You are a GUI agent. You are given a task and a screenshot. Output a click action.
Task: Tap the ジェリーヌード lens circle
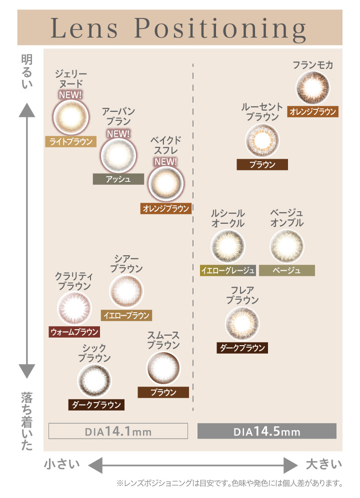pyautogui.click(x=70, y=117)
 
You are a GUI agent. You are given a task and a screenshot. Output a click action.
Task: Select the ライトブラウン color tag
pyautogui.click(x=70, y=141)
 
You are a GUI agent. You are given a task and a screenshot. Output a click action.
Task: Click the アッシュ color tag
pyautogui.click(x=118, y=179)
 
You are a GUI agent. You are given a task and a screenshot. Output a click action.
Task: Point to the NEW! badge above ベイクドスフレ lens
pyautogui.click(x=165, y=161)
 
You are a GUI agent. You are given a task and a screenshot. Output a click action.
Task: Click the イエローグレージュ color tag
pyautogui.click(x=227, y=271)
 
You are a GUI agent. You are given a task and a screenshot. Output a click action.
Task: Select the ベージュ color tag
pyautogui.click(x=287, y=271)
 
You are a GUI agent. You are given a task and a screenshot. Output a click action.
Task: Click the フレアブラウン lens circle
pyautogui.click(x=242, y=324)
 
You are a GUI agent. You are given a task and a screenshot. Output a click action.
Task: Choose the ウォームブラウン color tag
pyautogui.click(x=74, y=331)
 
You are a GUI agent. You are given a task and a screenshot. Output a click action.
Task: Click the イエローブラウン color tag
pyautogui.click(x=126, y=315)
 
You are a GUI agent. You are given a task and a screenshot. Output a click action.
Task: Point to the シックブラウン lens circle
pyautogui.click(x=94, y=381)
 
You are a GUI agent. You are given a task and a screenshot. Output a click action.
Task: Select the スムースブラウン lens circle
pyautogui.click(x=163, y=369)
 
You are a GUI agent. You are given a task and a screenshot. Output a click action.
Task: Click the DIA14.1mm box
pyautogui.click(x=118, y=431)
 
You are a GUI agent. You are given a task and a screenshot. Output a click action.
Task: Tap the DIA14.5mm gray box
pyautogui.click(x=267, y=431)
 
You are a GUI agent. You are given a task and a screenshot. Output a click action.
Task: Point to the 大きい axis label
pyautogui.click(x=324, y=464)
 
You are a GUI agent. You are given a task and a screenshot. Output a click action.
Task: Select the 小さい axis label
pyautogui.click(x=62, y=464)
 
